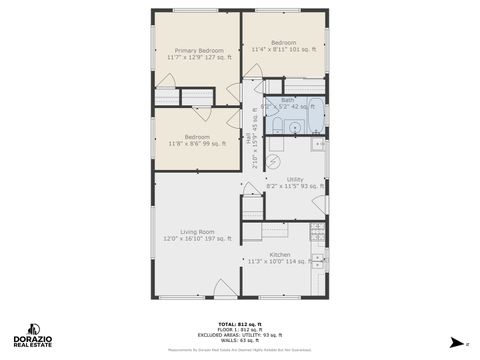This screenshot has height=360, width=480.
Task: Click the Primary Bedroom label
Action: pyautogui.click(x=199, y=54)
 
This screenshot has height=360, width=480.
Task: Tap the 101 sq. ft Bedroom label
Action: pyautogui.click(x=284, y=46)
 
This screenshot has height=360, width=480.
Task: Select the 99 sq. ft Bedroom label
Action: pyautogui.click(x=197, y=141)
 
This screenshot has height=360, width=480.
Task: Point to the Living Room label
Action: pyautogui.click(x=197, y=235)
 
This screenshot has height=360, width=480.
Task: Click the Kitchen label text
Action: pyautogui.click(x=281, y=258)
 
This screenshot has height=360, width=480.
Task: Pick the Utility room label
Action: pyautogui.click(x=295, y=183)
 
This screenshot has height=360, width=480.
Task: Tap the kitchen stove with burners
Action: pyautogui.click(x=317, y=233)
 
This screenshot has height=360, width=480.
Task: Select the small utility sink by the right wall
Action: pyautogui.click(x=318, y=145)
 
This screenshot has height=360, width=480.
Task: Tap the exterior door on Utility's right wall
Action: pyautogui.click(x=320, y=204)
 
